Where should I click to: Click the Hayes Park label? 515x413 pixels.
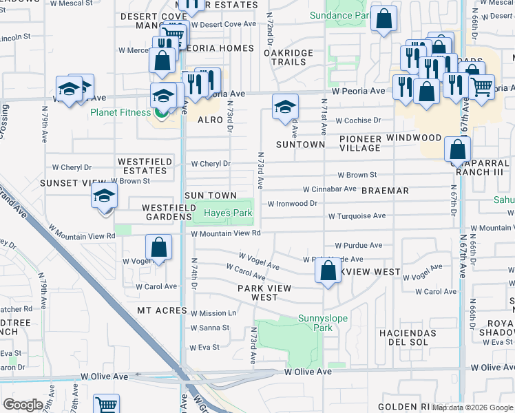(228, 213)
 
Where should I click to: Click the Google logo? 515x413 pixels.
(23, 405)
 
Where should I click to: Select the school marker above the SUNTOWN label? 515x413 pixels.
(285, 107)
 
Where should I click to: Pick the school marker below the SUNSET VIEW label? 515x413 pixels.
(104, 197)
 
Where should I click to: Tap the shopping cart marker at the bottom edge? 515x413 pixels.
(106, 405)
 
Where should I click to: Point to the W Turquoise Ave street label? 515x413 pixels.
(357, 216)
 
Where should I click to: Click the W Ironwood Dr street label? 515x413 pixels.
(293, 204)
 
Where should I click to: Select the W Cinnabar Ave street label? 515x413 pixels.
(330, 189)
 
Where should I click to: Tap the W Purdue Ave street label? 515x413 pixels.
(358, 245)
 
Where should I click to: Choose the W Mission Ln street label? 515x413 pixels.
(213, 313)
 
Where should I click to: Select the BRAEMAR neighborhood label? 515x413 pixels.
(386, 191)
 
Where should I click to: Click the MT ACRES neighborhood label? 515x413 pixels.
(162, 311)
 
